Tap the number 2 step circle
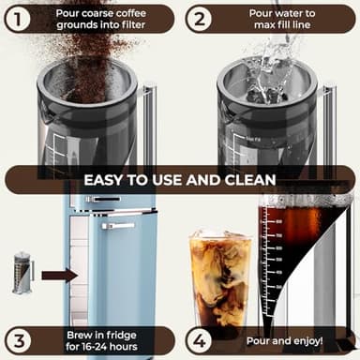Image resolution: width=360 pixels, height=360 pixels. click(x=199, y=19)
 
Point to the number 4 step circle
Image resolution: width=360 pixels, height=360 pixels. click(x=199, y=340)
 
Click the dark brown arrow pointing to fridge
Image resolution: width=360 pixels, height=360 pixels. click(x=60, y=275)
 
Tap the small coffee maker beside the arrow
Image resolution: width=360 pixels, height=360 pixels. click(x=23, y=273)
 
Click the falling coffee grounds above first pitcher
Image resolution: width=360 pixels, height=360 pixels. click(x=80, y=56)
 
